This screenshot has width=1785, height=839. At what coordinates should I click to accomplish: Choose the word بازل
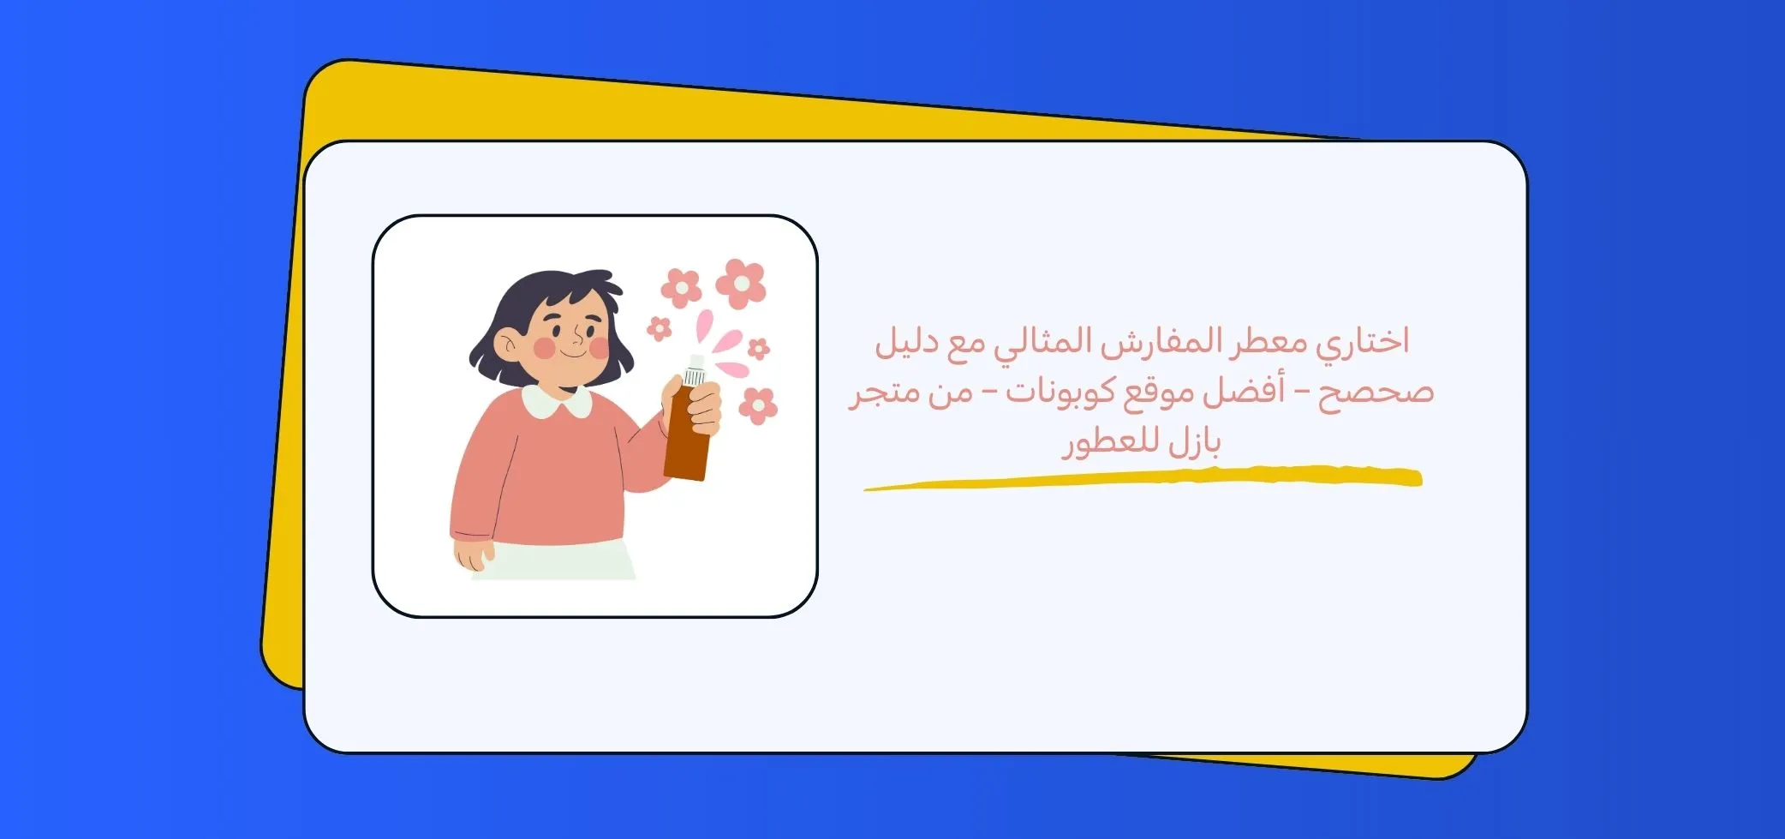pyautogui.click(x=1194, y=443)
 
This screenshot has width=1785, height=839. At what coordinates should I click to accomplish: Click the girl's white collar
pyautogui.click(x=557, y=401)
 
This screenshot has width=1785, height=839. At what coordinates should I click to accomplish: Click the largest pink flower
pyautogui.click(x=741, y=283)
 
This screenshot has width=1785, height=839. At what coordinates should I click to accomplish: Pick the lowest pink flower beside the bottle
pyautogui.click(x=758, y=405)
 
